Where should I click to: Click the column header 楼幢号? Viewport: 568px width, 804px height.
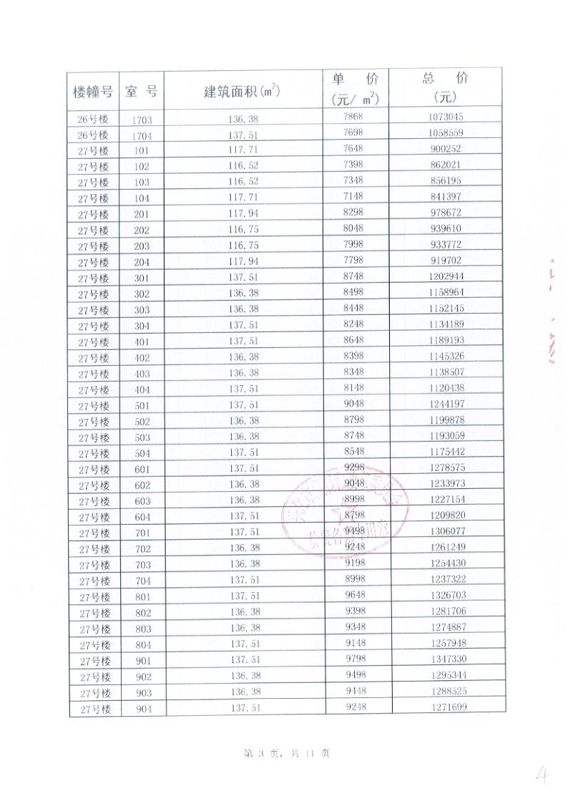(93, 92)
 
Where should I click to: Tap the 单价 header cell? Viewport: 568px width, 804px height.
(355, 87)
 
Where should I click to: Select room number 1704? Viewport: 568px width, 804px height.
(142, 135)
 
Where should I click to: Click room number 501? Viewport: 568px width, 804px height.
(142, 406)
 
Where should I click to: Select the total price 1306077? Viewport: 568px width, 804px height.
(448, 531)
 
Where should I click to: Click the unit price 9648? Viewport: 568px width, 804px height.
(355, 595)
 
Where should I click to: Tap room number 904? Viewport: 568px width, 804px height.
(143, 709)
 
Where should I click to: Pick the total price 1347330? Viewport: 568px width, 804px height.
(449, 659)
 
